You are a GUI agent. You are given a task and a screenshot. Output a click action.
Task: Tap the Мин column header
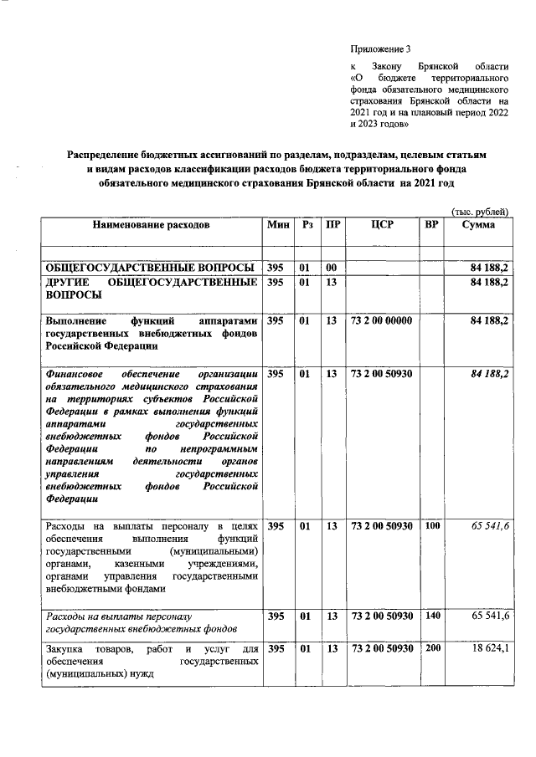[277, 225]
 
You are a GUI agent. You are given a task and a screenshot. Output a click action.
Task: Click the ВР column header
[432, 225]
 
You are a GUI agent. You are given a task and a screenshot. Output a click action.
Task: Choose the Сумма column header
[478, 225]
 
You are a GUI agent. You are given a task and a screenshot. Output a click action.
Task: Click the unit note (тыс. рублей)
[480, 212]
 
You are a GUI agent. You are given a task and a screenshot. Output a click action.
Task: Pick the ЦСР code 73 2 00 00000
[382, 320]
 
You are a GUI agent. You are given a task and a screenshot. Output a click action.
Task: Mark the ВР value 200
[432, 649]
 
